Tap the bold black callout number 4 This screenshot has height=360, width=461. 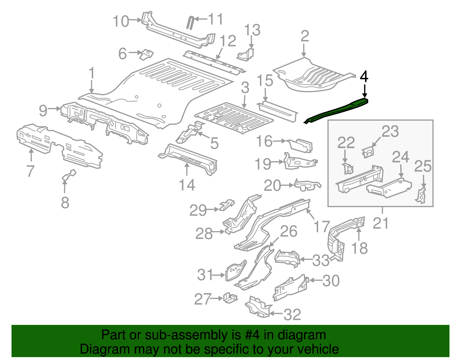tap(364, 77)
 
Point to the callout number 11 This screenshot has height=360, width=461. tap(216, 19)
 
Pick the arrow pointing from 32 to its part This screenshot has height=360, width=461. tap(276, 314)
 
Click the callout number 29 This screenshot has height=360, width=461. tap(198, 210)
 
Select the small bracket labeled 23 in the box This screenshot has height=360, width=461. tap(368, 152)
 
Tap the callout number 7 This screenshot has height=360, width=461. tap(30, 171)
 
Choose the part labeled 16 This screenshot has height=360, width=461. tap(301, 145)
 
